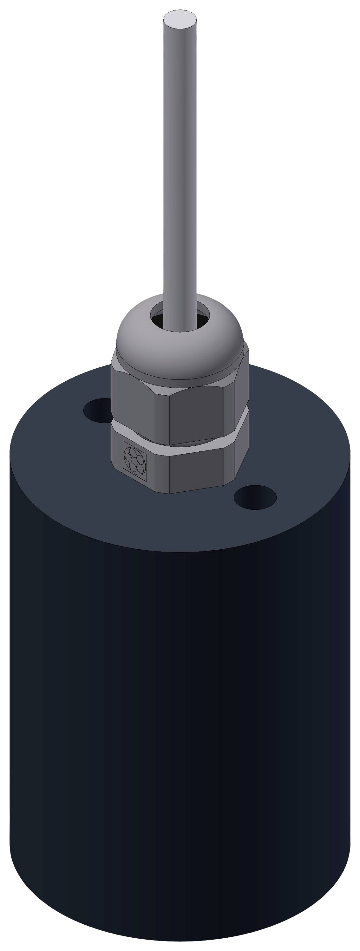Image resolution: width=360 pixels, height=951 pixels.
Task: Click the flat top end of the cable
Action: (x=180, y=19)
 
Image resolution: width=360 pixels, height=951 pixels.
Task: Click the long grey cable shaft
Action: (x=180, y=166)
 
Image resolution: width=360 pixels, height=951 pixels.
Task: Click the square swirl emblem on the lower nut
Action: (x=135, y=461)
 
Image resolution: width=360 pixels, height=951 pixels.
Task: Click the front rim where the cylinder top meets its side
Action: (x=177, y=552)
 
